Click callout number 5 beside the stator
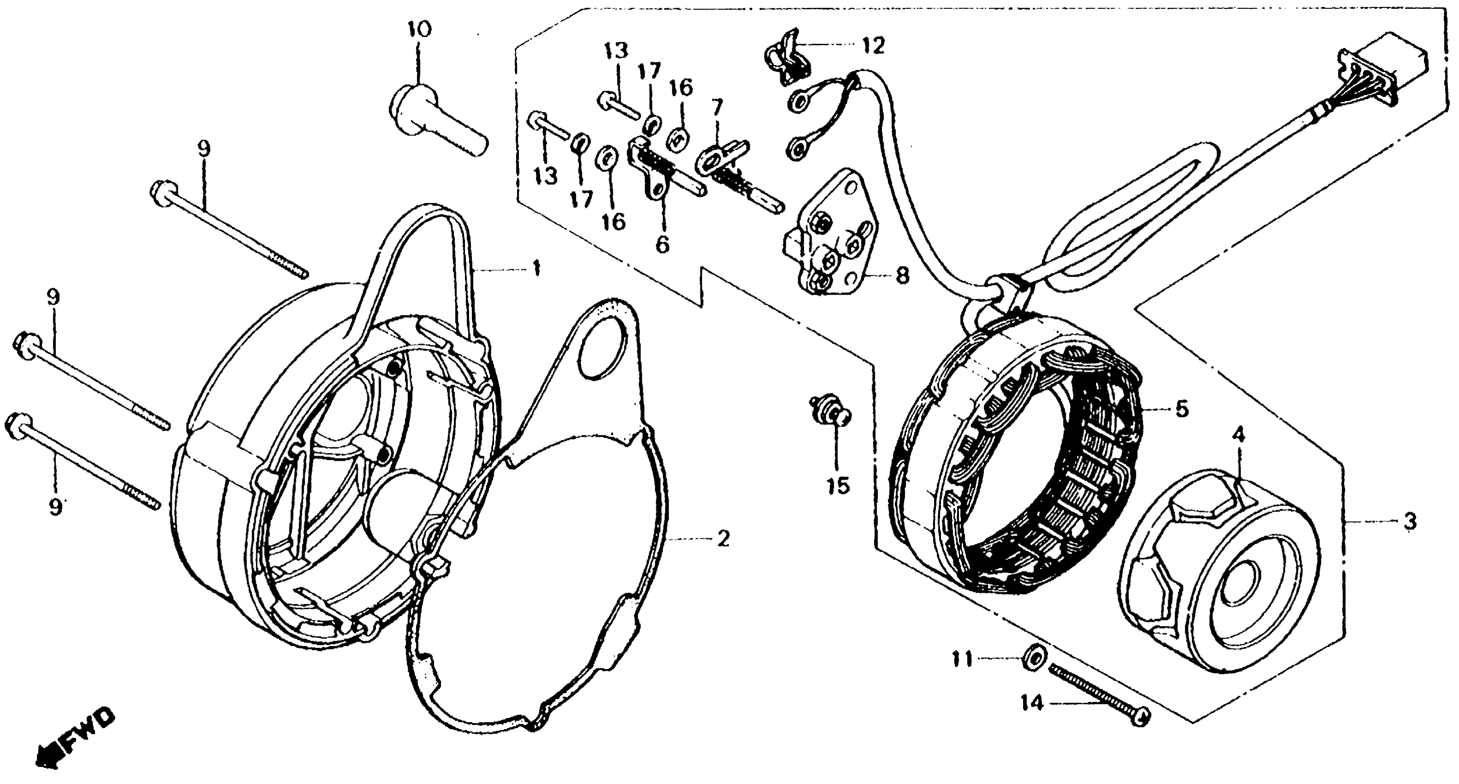tap(1182, 409)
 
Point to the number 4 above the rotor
tap(1238, 436)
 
